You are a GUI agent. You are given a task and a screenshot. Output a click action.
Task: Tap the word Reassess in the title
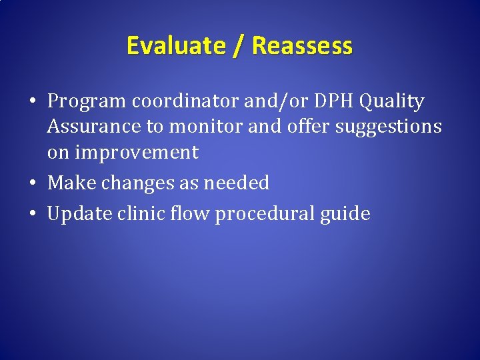click(x=303, y=45)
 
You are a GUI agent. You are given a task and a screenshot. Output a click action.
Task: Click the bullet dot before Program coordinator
click(x=33, y=102)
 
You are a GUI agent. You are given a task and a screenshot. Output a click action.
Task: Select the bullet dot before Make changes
click(x=33, y=183)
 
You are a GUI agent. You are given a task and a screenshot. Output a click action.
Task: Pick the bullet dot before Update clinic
click(x=33, y=214)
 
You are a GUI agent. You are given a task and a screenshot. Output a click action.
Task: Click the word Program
click(x=87, y=101)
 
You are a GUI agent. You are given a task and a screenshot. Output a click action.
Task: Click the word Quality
click(x=391, y=101)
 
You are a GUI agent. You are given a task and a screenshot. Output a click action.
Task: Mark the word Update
click(x=81, y=214)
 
